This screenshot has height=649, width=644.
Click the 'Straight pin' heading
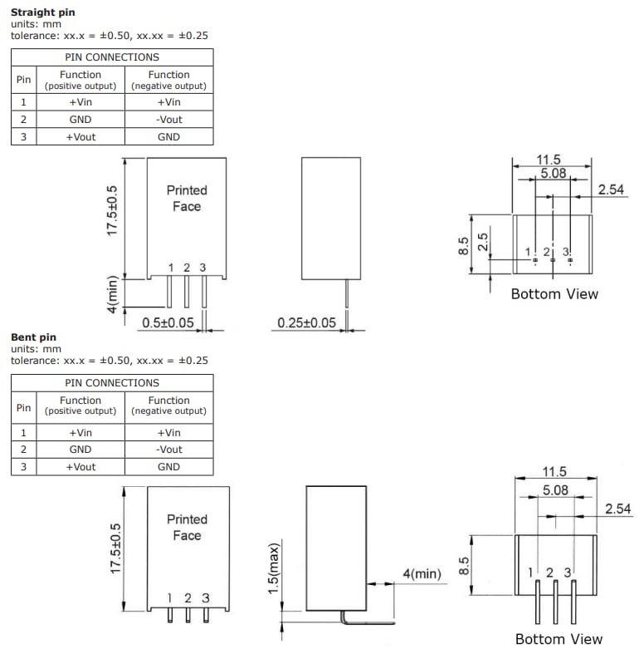click(42, 12)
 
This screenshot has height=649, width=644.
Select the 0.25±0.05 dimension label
click(307, 322)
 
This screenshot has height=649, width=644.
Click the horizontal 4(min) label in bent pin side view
click(422, 573)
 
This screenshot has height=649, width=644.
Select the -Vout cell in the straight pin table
click(168, 119)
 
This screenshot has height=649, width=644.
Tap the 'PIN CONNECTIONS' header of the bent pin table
click(111, 383)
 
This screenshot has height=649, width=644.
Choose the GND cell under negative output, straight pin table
click(168, 137)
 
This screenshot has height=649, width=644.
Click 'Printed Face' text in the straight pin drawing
click(187, 198)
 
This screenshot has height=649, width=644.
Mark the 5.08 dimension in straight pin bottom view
click(553, 174)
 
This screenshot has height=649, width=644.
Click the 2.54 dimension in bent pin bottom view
click(618, 509)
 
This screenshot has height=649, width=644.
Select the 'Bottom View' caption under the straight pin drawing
click(554, 293)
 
